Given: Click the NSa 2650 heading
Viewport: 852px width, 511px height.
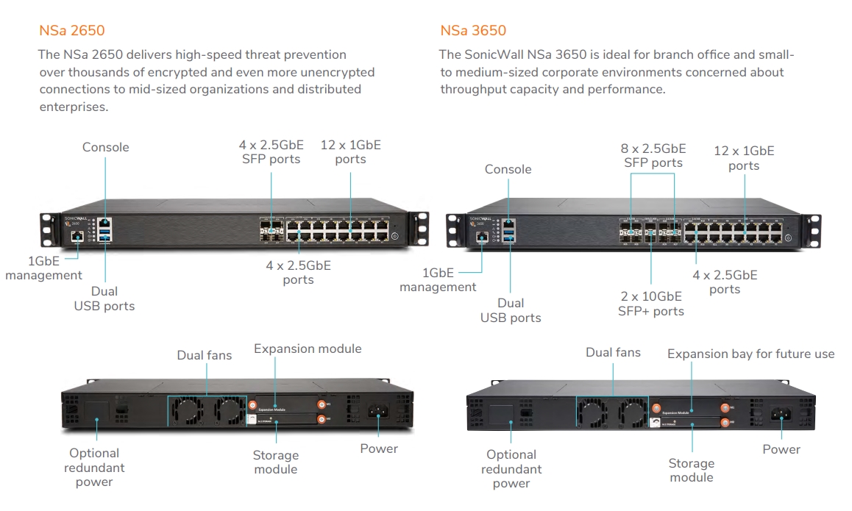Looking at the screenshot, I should click(x=71, y=31).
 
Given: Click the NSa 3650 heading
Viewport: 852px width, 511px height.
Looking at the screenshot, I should click(x=473, y=31).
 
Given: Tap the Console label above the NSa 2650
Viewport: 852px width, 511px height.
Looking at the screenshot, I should click(x=105, y=147).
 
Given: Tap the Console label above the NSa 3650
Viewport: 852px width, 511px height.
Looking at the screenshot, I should click(x=508, y=169).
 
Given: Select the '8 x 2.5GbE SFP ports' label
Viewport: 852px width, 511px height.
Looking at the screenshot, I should click(x=653, y=156).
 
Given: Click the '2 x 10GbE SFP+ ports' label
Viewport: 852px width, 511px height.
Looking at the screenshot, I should click(x=650, y=304).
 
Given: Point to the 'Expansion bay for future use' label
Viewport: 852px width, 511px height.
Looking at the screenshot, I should click(x=750, y=354).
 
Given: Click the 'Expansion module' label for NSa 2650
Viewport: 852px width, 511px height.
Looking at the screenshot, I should click(x=308, y=349).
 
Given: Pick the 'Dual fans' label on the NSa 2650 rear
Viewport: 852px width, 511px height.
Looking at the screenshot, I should click(x=204, y=355).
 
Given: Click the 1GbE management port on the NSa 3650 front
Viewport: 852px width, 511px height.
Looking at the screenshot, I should click(x=482, y=237).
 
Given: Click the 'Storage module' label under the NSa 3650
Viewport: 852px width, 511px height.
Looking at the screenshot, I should click(x=691, y=471).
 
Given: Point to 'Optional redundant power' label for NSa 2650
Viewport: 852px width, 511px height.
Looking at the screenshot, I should click(x=94, y=468).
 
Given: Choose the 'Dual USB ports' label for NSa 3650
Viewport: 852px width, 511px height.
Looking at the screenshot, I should click(x=511, y=310).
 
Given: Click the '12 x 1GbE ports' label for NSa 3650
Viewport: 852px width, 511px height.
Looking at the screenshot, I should click(x=744, y=158).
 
